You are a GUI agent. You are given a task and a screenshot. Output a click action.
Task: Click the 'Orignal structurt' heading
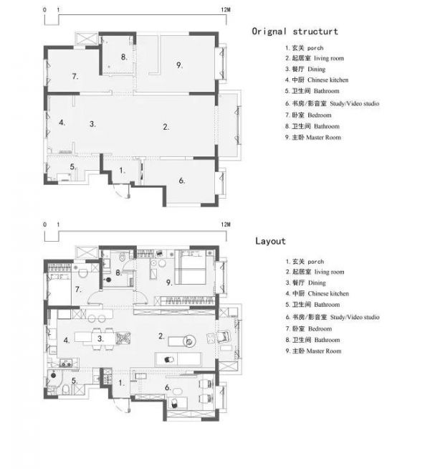[x=295, y=32]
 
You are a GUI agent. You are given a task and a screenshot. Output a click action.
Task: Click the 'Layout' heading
[x=270, y=241]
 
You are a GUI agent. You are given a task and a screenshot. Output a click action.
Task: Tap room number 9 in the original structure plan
[x=179, y=65]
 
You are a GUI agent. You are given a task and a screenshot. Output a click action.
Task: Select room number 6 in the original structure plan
[x=182, y=181]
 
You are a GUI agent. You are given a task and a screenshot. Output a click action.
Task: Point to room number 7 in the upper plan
[x=75, y=76]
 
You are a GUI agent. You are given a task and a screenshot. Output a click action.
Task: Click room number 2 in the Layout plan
[x=161, y=336]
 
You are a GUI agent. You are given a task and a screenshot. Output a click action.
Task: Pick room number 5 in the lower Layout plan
[x=75, y=381]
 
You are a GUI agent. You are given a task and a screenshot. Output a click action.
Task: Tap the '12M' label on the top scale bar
[x=226, y=9]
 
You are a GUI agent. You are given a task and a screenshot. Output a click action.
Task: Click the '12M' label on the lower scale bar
[x=226, y=224]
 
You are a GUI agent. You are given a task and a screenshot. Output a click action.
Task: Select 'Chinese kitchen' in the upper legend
[x=328, y=80]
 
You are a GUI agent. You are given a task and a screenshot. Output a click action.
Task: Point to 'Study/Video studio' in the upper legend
[x=355, y=103]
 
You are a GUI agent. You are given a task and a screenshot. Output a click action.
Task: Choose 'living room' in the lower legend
[x=329, y=272]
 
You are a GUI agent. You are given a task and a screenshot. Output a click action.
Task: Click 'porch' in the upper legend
[x=315, y=48]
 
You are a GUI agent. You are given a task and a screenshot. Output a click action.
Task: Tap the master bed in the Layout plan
[x=191, y=267]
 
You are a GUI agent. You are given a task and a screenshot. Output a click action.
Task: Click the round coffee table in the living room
[x=189, y=341]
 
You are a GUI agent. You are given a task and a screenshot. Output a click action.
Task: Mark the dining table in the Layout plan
[x=95, y=338]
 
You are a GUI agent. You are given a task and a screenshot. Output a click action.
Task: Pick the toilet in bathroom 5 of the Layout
[x=66, y=389]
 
